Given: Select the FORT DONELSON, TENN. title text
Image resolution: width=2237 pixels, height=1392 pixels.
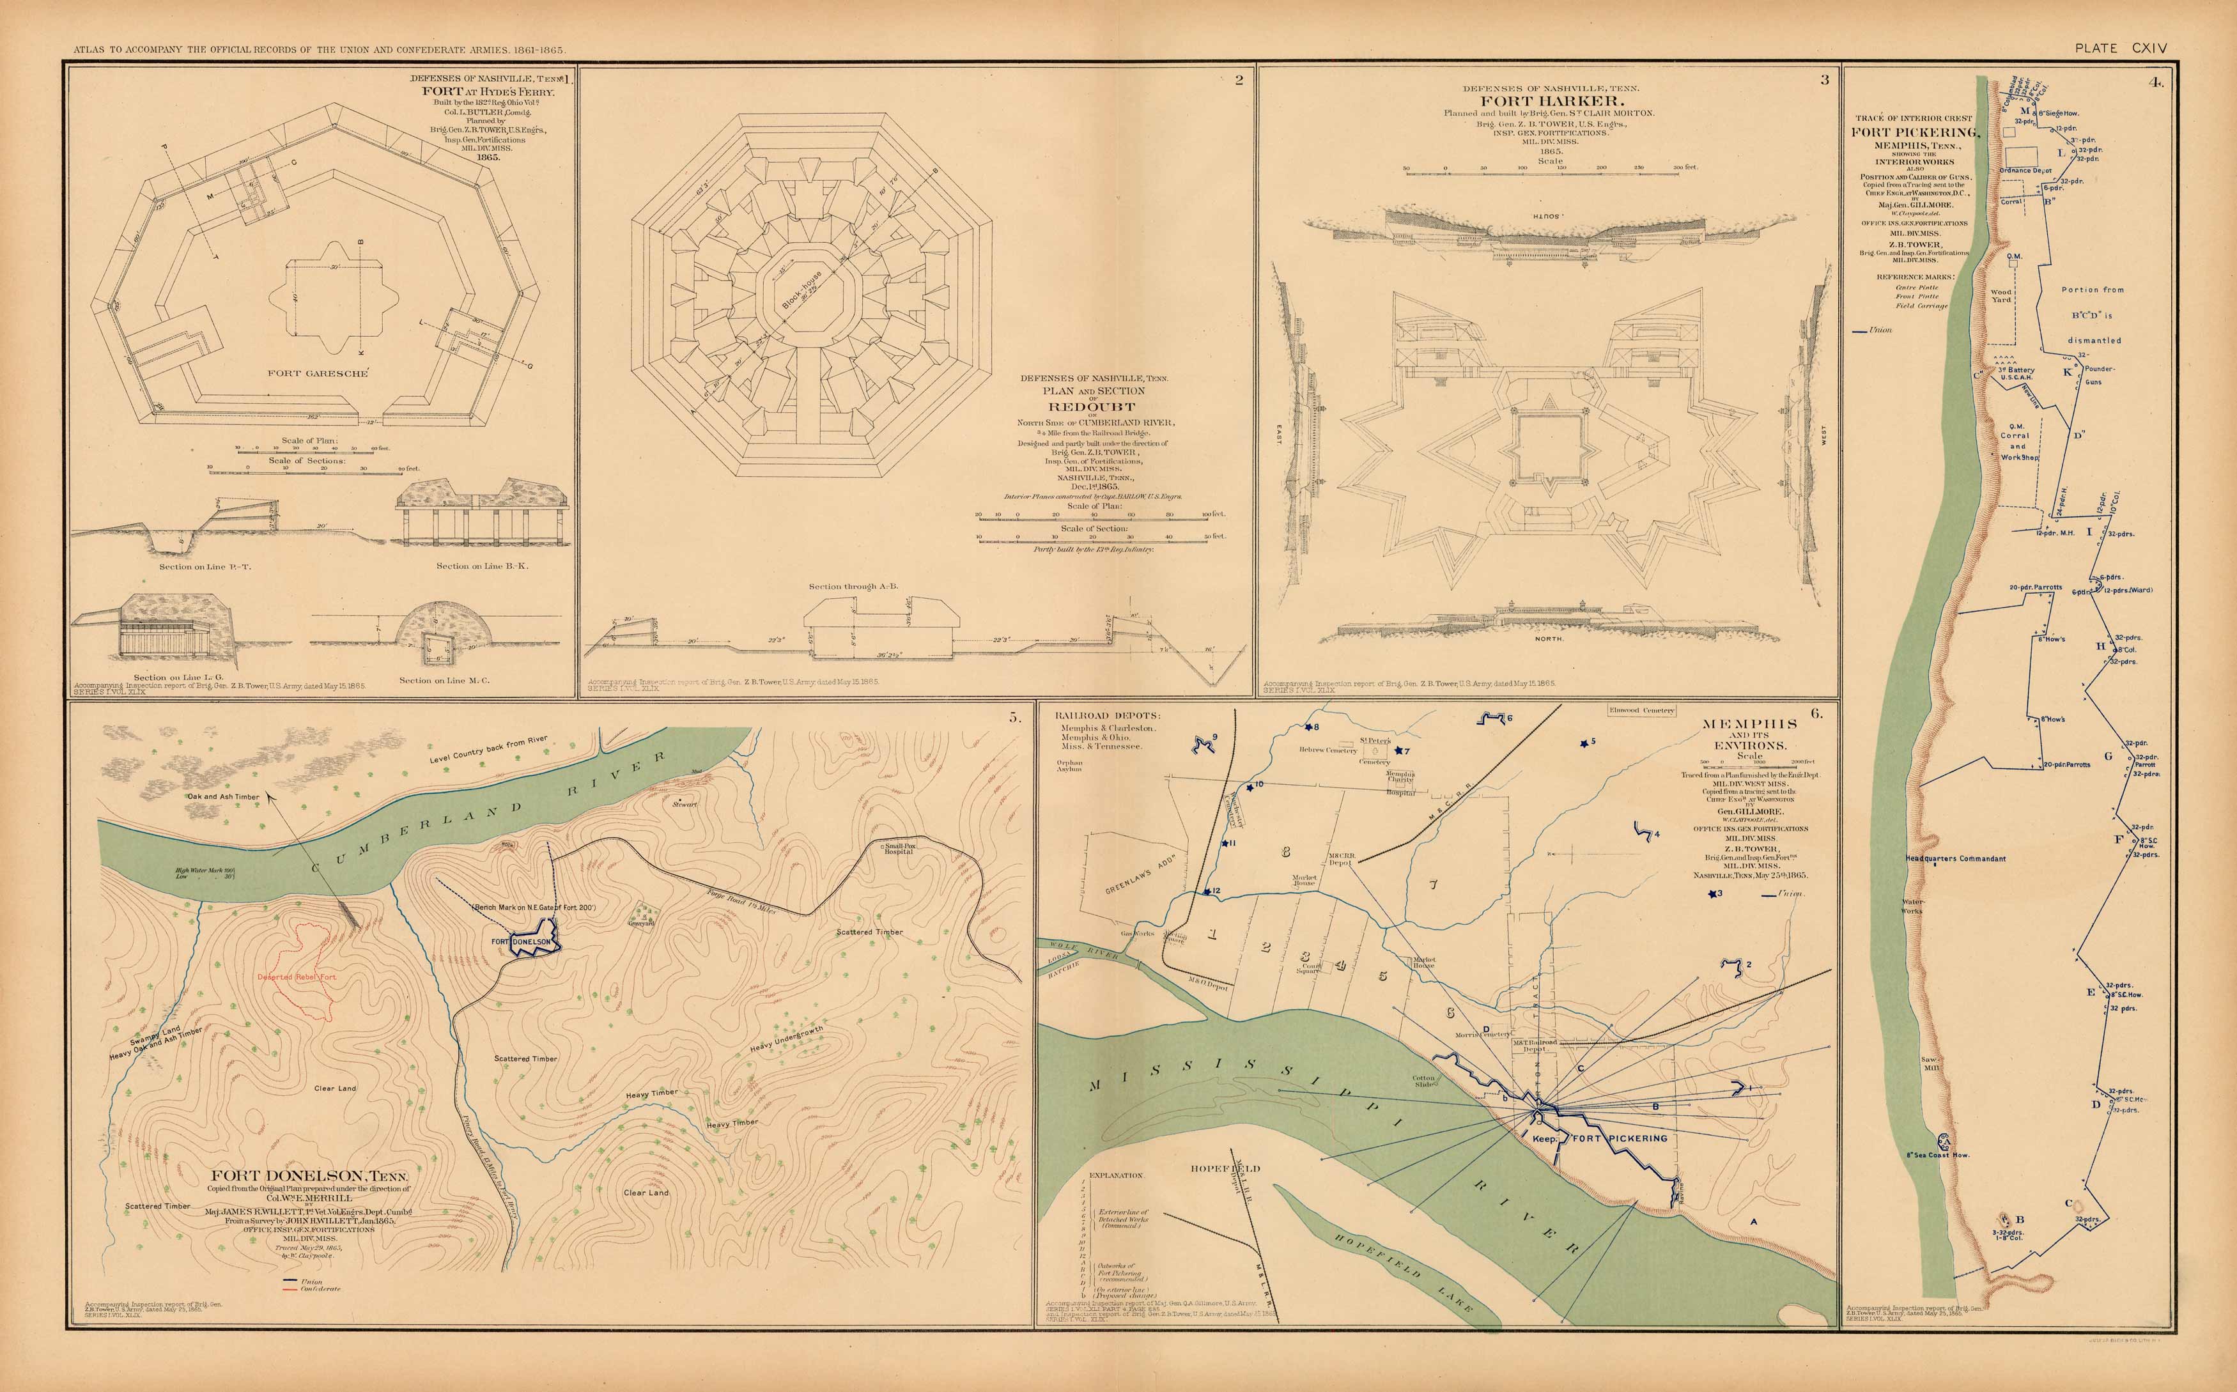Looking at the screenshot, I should coord(309,1175).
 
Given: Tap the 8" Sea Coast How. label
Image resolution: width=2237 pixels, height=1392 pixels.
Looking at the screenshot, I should coord(1937,1154).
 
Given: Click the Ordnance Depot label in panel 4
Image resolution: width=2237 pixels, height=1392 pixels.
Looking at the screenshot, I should coord(2025,170).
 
